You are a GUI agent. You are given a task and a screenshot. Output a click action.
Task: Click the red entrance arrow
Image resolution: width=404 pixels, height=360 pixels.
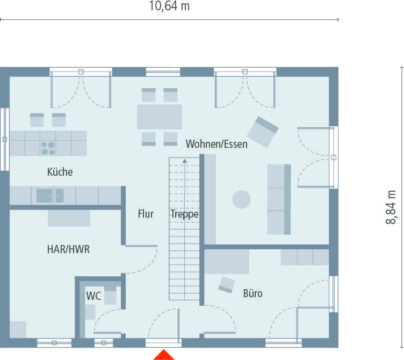click(163, 355)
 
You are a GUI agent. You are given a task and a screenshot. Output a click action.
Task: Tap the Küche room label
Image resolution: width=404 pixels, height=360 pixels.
click(60, 172)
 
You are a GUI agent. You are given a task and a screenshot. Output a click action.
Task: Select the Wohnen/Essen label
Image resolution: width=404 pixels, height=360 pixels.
click(217, 143)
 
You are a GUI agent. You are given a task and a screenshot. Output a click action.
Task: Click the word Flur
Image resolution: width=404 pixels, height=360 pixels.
click(146, 214)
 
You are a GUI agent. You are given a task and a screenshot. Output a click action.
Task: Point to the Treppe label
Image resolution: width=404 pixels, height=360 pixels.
click(185, 214)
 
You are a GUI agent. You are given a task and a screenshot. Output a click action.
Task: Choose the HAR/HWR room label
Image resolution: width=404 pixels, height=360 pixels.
click(68, 249)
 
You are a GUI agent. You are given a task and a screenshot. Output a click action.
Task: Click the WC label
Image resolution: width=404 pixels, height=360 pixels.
click(93, 296)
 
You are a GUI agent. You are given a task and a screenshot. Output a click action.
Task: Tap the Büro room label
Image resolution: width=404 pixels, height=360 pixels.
click(252, 293)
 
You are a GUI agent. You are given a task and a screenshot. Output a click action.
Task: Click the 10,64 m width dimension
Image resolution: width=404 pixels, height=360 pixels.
click(169, 6)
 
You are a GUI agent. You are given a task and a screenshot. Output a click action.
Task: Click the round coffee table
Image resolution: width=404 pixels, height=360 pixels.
click(241, 199)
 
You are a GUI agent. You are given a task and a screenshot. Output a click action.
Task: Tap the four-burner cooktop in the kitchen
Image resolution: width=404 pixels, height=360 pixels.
click(48, 147)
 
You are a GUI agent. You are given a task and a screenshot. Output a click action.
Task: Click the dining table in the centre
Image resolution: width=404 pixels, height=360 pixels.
click(160, 117)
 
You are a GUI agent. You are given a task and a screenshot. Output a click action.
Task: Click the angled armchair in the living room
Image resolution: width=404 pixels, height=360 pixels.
click(263, 132)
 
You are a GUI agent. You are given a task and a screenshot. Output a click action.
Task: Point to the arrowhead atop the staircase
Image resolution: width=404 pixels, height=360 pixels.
click(185, 160)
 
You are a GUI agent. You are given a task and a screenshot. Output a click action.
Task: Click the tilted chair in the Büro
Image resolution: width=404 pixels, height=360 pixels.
click(227, 284)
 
